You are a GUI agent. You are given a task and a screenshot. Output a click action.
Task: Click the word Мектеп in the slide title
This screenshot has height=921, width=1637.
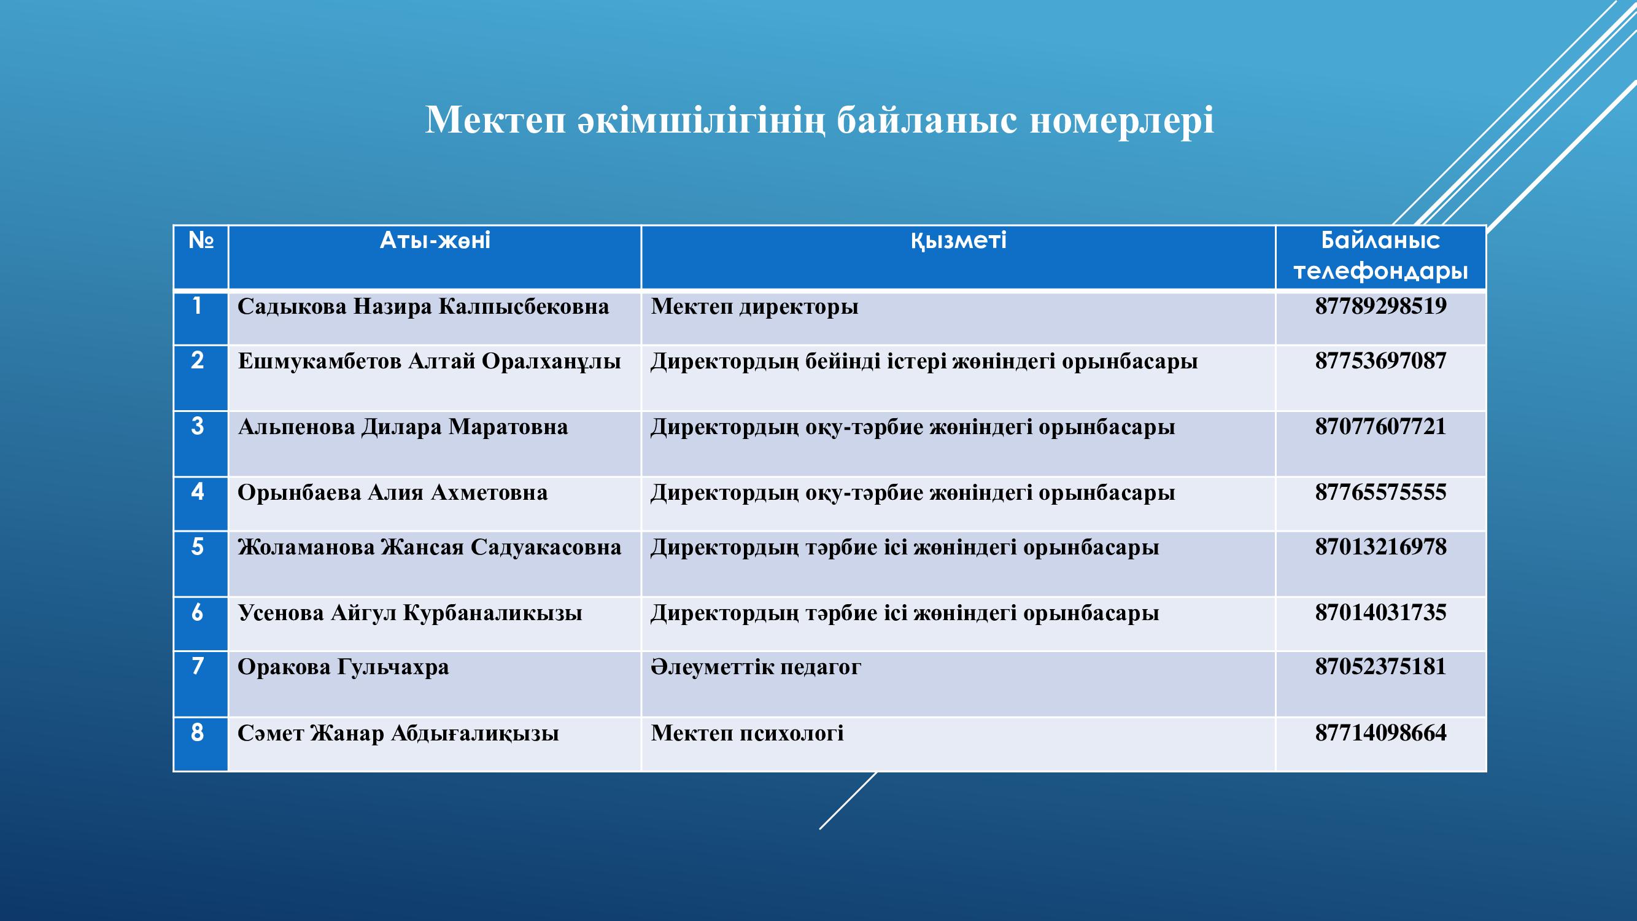tap(495, 120)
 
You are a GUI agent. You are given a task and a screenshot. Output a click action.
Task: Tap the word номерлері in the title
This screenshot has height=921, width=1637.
tap(1121, 120)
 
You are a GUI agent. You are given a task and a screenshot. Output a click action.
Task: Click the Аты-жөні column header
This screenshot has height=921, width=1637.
tap(435, 241)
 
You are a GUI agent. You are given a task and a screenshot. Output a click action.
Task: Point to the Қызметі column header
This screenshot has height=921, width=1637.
tap(958, 241)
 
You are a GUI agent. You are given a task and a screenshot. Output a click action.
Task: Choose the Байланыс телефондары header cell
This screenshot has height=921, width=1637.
tap(1380, 256)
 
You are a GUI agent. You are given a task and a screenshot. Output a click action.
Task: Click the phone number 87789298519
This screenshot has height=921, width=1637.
tap(1380, 306)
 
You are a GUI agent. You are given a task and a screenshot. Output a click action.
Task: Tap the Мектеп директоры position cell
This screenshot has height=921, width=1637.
tap(754, 307)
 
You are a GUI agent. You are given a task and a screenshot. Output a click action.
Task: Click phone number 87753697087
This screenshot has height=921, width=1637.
tap(1380, 361)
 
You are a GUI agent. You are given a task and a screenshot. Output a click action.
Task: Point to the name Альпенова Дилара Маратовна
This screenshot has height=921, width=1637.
tap(403, 427)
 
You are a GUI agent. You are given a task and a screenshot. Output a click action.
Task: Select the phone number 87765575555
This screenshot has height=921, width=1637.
tap(1380, 492)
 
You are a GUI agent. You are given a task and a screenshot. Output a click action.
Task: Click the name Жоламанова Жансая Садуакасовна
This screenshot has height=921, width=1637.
tap(430, 547)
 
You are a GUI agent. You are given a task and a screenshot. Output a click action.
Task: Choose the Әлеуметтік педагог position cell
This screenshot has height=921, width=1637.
tap(756, 667)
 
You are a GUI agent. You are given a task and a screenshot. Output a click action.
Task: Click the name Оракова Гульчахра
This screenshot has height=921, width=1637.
tap(343, 667)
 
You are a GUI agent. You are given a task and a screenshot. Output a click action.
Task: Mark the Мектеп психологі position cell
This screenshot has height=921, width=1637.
tap(748, 734)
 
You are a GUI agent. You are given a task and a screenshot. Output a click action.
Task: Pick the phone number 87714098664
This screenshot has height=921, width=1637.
tap(1380, 733)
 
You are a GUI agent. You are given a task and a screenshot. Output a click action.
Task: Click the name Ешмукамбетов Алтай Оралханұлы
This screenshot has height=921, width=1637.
tap(430, 362)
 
